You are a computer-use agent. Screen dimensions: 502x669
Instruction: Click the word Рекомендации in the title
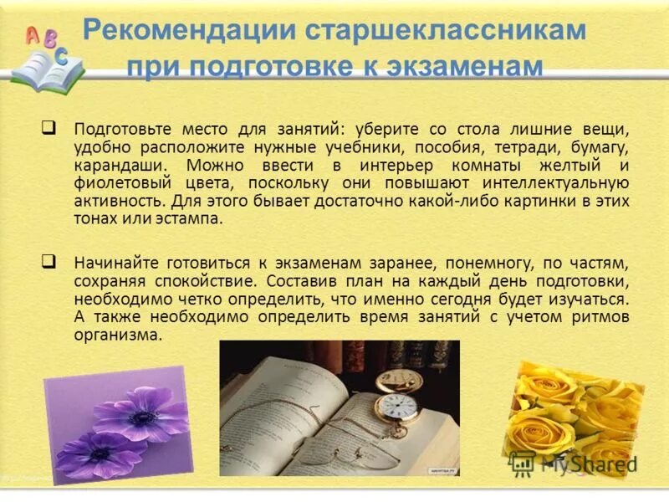(190, 31)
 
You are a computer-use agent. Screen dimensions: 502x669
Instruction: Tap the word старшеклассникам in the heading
(445, 31)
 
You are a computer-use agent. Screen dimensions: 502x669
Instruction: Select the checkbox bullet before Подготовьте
(49, 128)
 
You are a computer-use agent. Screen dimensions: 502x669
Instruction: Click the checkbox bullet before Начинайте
(49, 260)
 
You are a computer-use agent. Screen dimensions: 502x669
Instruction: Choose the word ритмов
(600, 317)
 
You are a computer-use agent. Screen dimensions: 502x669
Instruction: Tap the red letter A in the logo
(33, 34)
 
